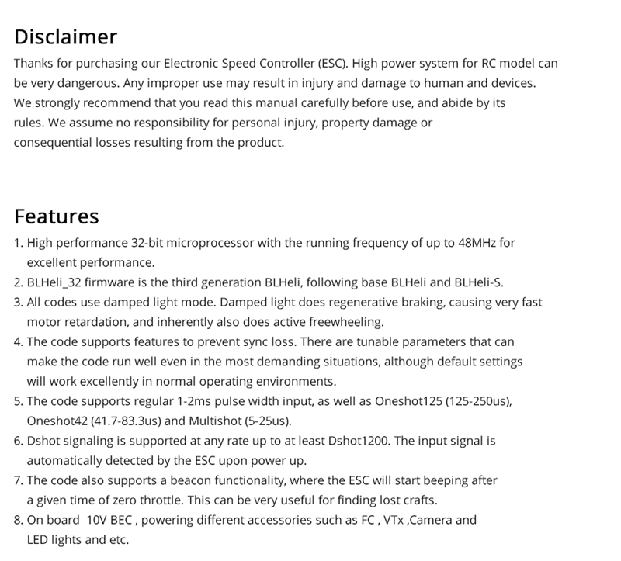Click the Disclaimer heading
[x=65, y=36]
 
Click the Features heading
[x=57, y=216]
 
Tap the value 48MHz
[x=476, y=243]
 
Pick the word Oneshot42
[x=55, y=421]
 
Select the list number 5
[x=18, y=401]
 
